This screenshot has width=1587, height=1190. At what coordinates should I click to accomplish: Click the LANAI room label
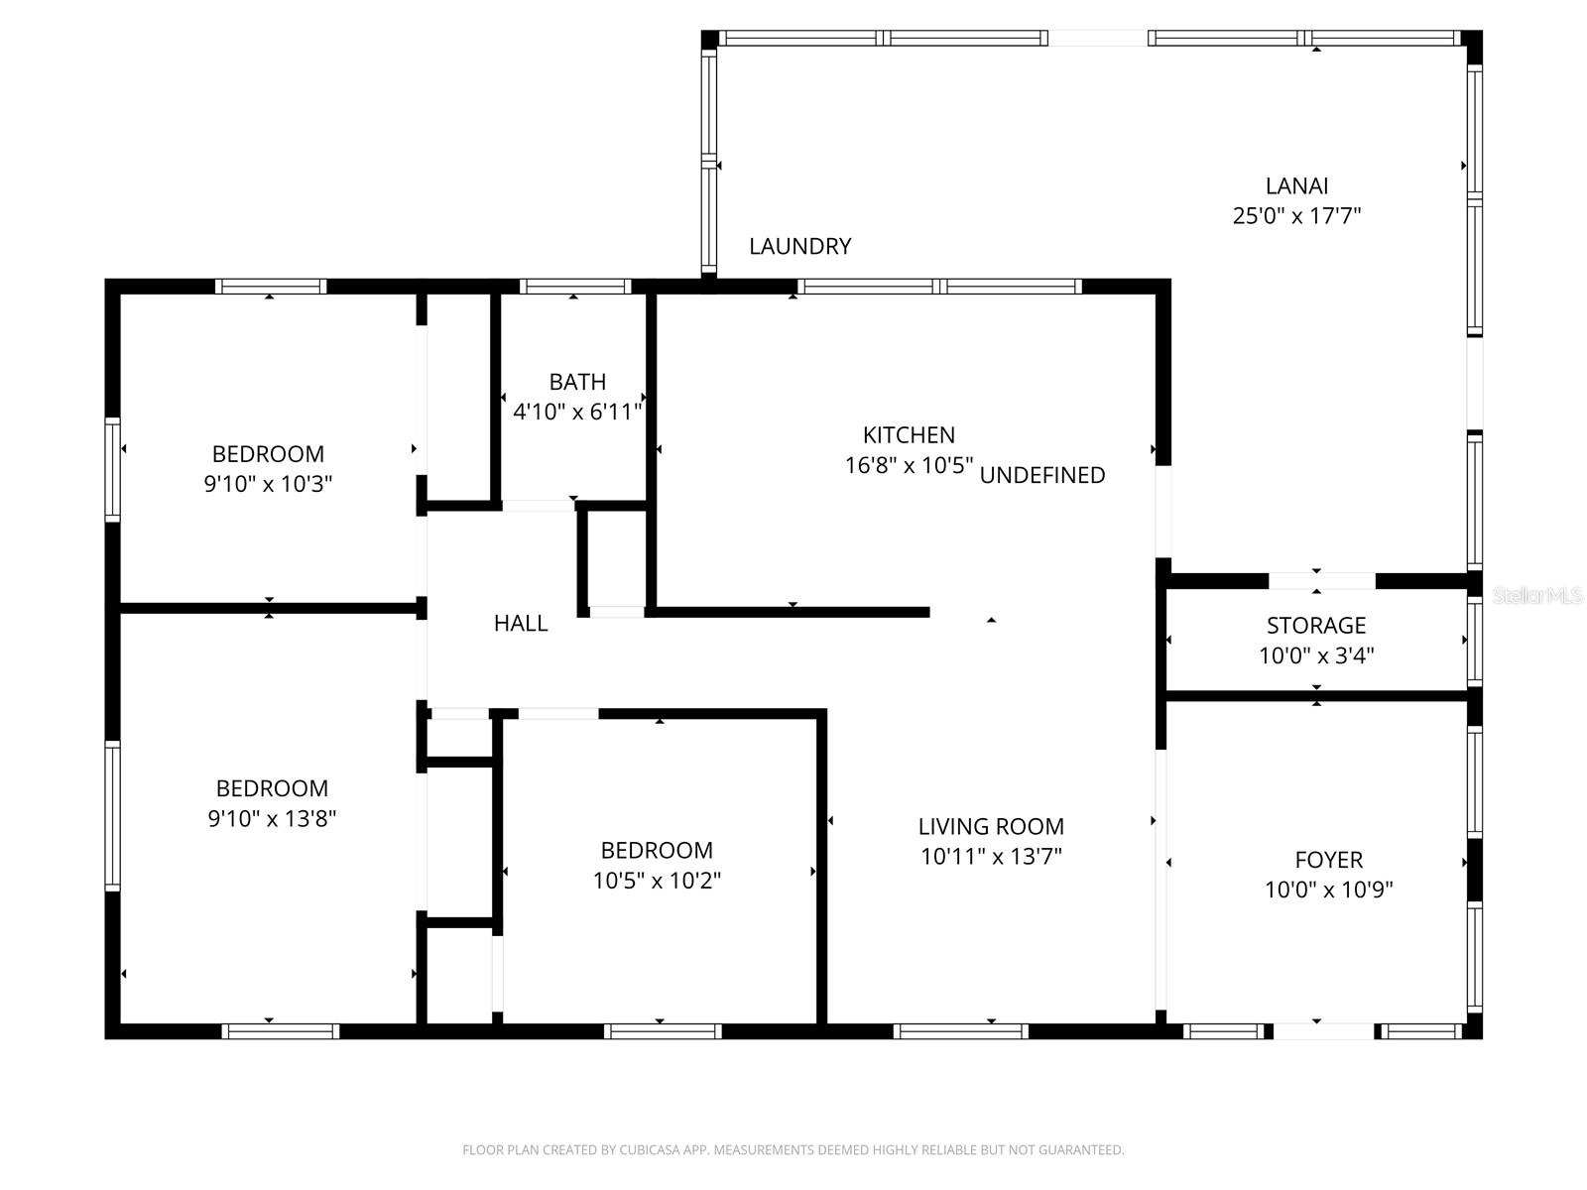point(1296,186)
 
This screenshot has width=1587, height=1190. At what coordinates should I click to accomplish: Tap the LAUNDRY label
point(799,246)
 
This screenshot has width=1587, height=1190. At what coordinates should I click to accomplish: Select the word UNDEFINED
point(1041,475)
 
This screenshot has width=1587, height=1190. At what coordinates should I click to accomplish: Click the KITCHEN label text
point(909,435)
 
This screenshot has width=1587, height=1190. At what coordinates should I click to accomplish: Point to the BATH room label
point(577,382)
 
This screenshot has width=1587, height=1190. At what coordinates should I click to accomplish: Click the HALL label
point(521,623)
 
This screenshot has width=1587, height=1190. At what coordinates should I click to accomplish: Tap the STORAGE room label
point(1316,625)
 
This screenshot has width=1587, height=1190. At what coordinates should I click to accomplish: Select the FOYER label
point(1328,860)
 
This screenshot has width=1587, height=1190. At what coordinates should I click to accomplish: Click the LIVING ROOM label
point(991,826)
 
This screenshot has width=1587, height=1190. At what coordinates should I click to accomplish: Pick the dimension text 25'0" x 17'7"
point(1296,216)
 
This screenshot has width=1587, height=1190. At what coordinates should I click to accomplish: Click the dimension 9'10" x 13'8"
point(272,819)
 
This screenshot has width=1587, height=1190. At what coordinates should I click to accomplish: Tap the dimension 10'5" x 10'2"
point(657,881)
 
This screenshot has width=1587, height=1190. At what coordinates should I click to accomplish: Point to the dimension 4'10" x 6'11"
point(577,412)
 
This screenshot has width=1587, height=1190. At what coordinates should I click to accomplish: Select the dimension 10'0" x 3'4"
point(1316,655)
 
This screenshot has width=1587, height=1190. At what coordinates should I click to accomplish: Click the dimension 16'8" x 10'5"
point(909,465)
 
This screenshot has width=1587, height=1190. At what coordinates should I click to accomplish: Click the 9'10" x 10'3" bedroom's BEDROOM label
point(268,454)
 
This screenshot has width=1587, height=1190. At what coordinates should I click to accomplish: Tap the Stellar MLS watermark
point(1537,596)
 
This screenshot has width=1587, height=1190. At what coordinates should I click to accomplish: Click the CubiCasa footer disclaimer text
point(793,1149)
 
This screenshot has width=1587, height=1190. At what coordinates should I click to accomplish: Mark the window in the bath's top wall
point(575,287)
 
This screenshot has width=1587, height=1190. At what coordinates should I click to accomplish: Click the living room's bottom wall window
point(960,1031)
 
